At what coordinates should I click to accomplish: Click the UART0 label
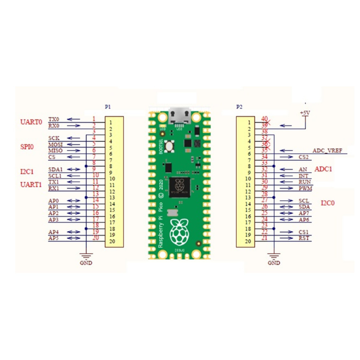31,121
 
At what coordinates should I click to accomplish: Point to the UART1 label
31,184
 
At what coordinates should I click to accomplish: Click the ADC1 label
324,169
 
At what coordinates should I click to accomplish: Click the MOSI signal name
55,145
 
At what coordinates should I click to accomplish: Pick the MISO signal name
55,151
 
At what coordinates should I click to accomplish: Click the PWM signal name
305,188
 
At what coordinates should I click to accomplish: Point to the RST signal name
304,238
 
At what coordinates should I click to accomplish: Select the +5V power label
305,113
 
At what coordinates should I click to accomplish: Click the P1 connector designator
108,106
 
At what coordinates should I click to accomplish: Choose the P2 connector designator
240,106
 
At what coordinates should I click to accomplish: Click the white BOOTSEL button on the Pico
169,147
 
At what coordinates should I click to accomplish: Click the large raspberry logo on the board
180,231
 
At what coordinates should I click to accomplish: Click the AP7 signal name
304,214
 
